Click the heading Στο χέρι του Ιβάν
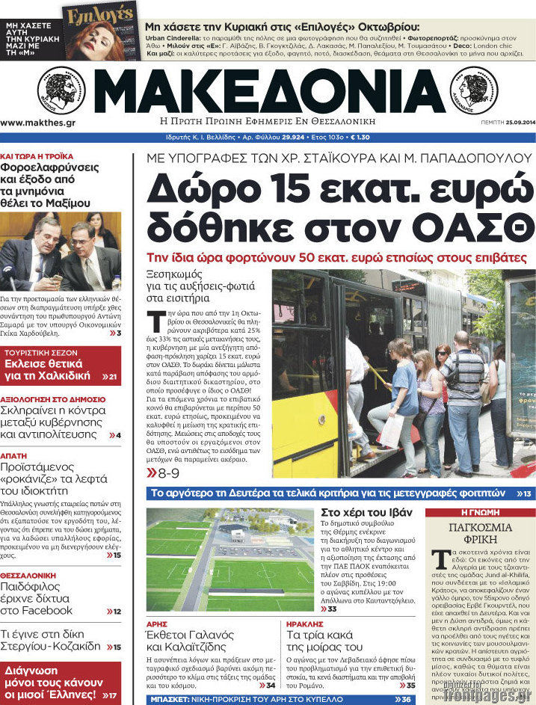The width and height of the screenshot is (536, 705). pos(366,512)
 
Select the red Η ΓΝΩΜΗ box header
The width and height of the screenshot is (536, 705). pos(480,513)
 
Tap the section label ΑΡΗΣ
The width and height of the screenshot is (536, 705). pos(156,622)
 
